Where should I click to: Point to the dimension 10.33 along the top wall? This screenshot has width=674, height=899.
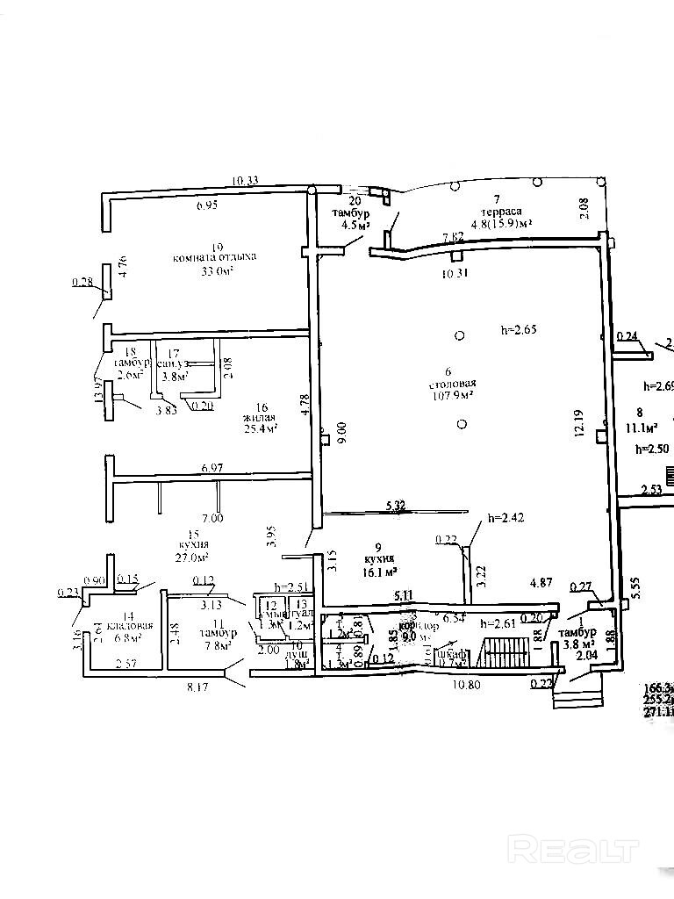click(x=245, y=181)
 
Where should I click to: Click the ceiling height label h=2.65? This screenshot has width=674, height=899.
click(x=518, y=330)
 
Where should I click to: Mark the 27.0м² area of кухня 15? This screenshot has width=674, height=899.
click(x=190, y=557)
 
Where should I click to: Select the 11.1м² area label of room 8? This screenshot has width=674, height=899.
click(x=642, y=429)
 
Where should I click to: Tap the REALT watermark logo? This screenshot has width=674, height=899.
click(x=573, y=850)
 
